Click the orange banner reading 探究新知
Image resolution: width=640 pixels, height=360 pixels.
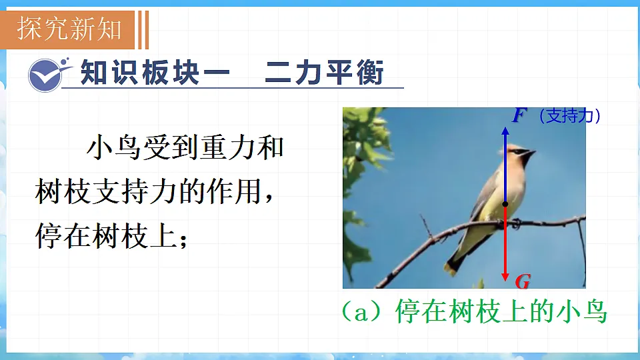tap(70, 29)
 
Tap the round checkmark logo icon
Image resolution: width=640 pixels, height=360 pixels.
tap(45, 74)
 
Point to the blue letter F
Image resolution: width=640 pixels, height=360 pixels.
tap(519, 115)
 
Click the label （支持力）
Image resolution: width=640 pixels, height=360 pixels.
tap(569, 116)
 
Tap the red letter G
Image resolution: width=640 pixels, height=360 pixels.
tap(523, 282)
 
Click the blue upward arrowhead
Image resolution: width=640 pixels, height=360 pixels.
tap(505, 131)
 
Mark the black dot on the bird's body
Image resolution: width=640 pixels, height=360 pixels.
tap(505, 204)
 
